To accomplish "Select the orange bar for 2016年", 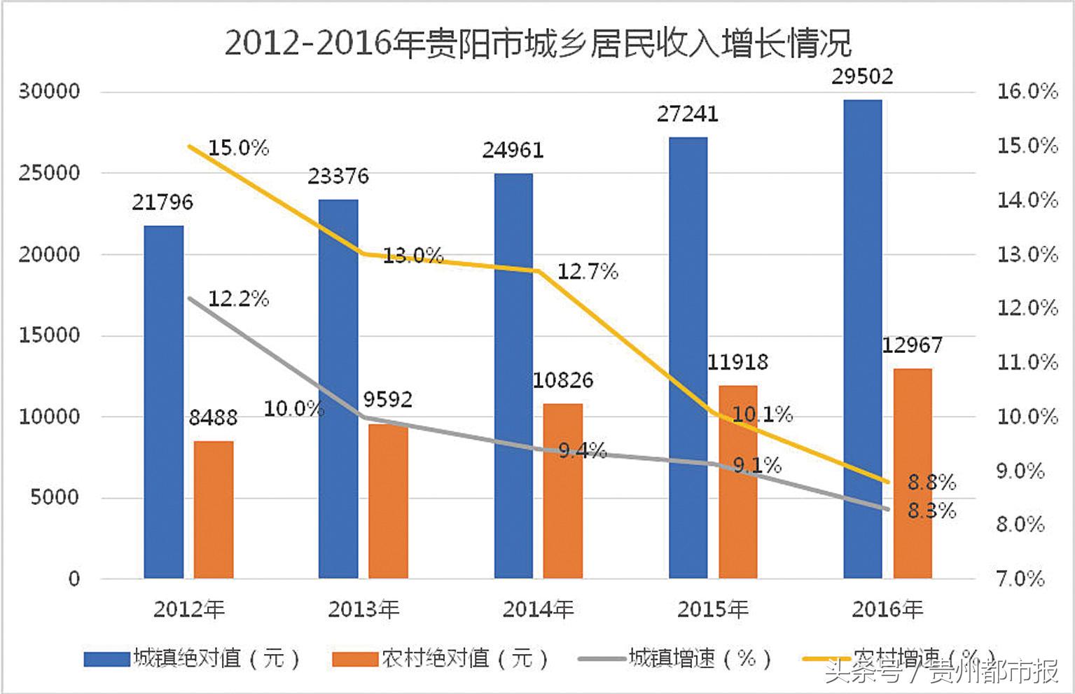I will (x=912, y=473).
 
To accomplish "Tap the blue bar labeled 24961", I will (x=513, y=375).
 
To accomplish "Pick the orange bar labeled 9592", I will (x=388, y=501).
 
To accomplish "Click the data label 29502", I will (x=862, y=76).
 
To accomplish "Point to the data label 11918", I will (x=737, y=362).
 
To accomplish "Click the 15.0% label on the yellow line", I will (x=238, y=148).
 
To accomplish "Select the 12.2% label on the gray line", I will (x=238, y=299).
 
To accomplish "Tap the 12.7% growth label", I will (x=587, y=271).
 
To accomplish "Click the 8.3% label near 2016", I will (x=931, y=511).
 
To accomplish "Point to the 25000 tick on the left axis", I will (x=49, y=173).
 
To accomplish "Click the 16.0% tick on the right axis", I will (x=1027, y=91).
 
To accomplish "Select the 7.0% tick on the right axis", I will (x=1020, y=578).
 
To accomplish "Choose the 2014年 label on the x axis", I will (x=538, y=609).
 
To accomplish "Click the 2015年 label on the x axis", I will (x=712, y=609).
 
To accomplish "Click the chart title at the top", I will (x=537, y=43).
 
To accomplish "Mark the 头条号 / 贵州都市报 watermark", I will (x=941, y=672).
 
